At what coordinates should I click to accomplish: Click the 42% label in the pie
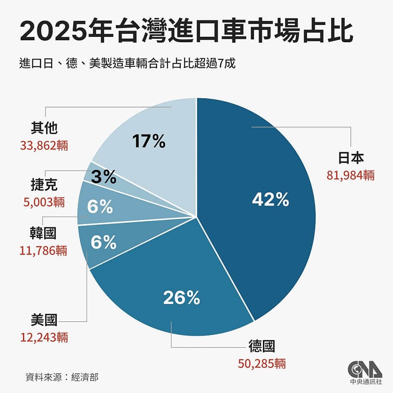click(270, 199)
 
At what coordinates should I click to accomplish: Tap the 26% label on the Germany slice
click(181, 298)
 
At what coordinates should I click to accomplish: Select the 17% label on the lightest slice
click(148, 142)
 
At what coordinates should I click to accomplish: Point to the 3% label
click(103, 176)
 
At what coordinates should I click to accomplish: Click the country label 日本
click(350, 159)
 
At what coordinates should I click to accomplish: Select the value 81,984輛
click(350, 175)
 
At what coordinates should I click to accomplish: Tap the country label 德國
click(262, 347)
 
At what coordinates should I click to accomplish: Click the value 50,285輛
click(261, 364)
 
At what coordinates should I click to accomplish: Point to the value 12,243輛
click(44, 337)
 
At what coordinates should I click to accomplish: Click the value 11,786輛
click(44, 251)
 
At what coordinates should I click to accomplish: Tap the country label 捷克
click(44, 184)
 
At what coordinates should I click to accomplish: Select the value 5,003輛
click(44, 201)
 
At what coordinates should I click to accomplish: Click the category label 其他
click(44, 128)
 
